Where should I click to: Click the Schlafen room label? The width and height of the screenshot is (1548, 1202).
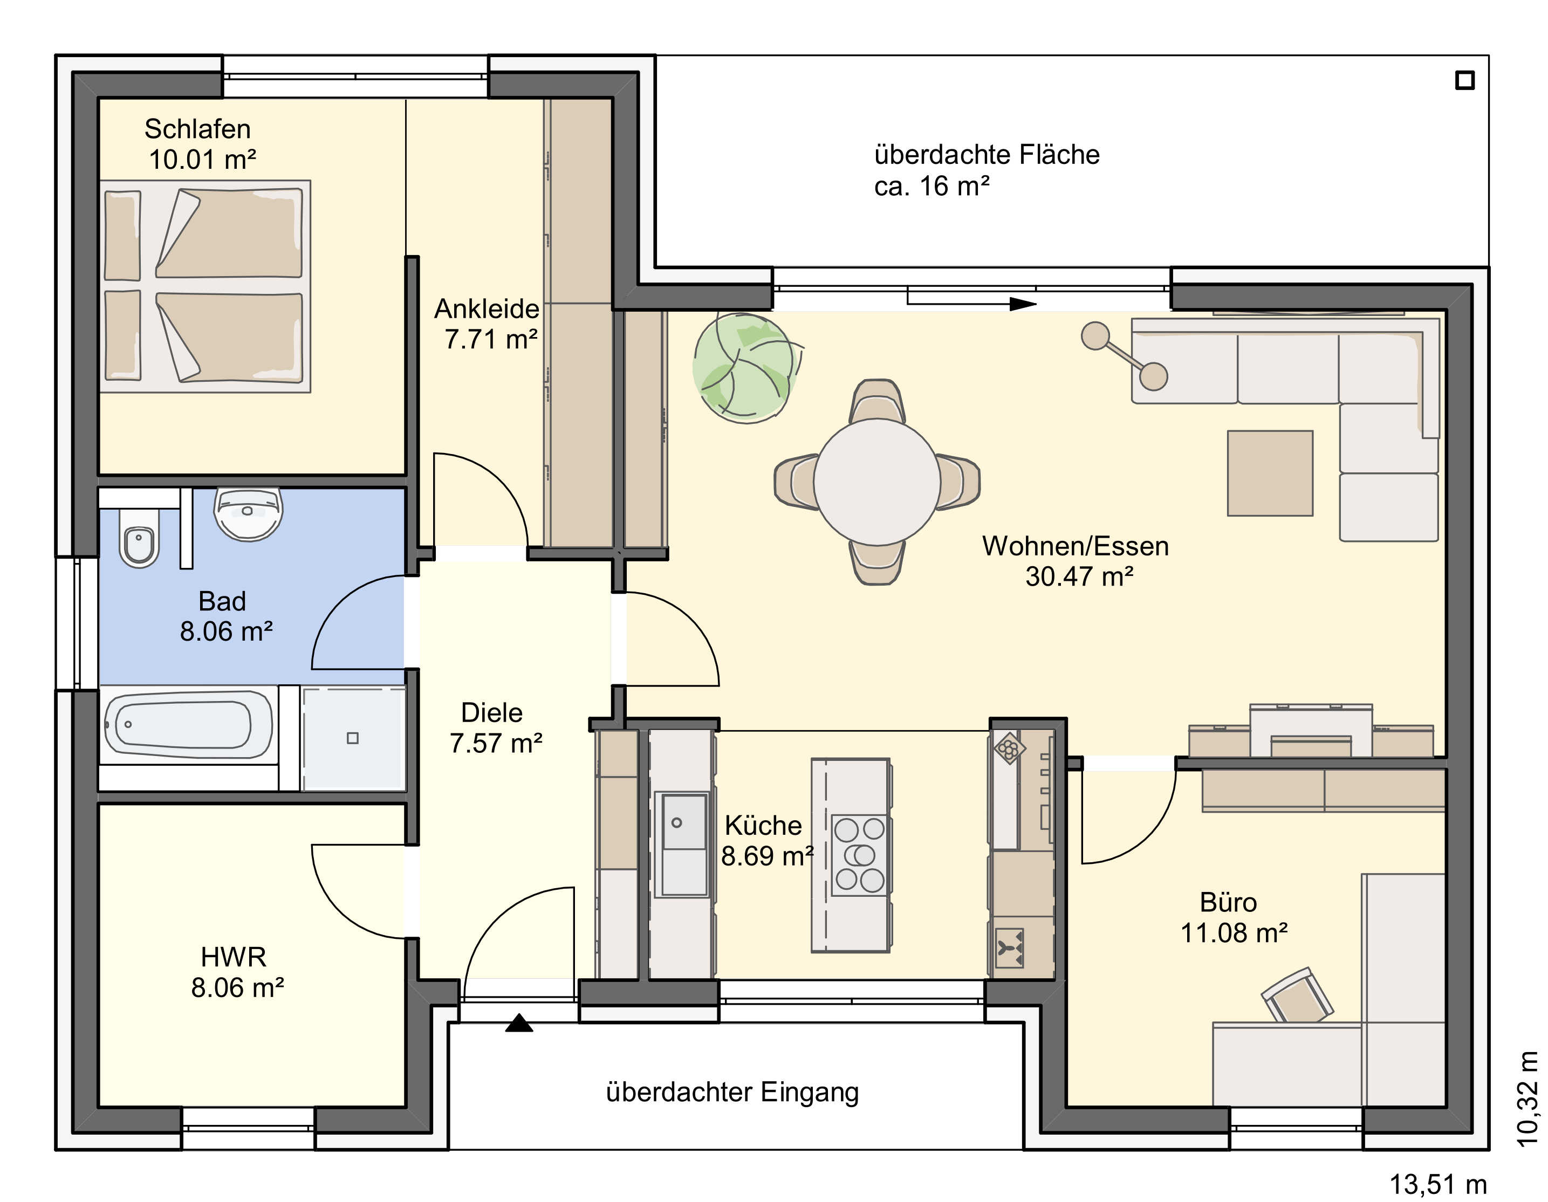point(198,129)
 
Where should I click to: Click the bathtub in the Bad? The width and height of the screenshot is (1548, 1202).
point(188,724)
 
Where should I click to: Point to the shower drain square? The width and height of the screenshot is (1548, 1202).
point(352,738)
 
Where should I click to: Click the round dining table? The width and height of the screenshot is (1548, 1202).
point(877,482)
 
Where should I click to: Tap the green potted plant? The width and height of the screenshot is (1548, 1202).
point(745,368)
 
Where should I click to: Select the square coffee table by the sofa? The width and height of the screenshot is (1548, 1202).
point(1270,473)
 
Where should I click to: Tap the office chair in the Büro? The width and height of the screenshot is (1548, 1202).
point(1297,995)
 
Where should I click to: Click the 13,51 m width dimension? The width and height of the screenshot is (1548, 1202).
point(1437,1184)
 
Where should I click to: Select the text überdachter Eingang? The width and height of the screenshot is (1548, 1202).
point(732,1092)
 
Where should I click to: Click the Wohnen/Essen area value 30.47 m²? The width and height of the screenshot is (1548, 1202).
point(1079,576)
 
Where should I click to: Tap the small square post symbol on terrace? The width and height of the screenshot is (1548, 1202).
point(1465,80)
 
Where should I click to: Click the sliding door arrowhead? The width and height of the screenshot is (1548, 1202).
point(1023,304)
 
